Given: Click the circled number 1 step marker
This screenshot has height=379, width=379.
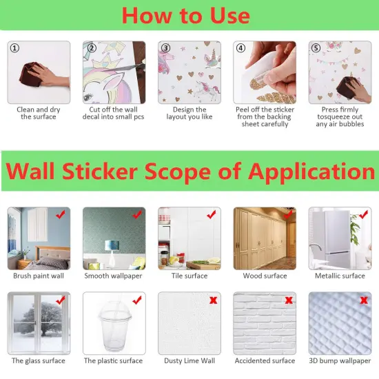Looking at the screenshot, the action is (14, 48).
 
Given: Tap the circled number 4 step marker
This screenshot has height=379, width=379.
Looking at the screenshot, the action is (240, 48).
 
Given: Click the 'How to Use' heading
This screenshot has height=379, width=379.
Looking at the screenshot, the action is (186, 15).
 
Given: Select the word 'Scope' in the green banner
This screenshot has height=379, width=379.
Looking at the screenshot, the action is (178, 171).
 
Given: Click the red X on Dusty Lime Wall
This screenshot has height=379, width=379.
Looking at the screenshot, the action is (214, 300).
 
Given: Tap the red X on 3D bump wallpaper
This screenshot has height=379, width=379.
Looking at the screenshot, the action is (364, 300).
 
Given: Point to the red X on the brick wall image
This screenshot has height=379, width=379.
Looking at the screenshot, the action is (289, 300).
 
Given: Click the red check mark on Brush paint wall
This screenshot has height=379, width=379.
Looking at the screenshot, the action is (61, 214).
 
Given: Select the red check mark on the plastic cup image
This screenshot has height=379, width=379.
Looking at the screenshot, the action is (137, 300).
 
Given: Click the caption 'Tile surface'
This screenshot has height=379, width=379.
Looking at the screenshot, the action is (189, 276).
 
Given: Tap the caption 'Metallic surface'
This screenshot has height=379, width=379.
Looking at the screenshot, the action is (340, 276).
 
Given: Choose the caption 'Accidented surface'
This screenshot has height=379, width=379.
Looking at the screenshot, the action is (265, 360).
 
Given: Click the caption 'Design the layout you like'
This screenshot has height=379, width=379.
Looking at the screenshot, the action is (189, 113).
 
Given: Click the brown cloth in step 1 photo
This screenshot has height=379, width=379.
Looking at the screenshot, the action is (30, 74).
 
